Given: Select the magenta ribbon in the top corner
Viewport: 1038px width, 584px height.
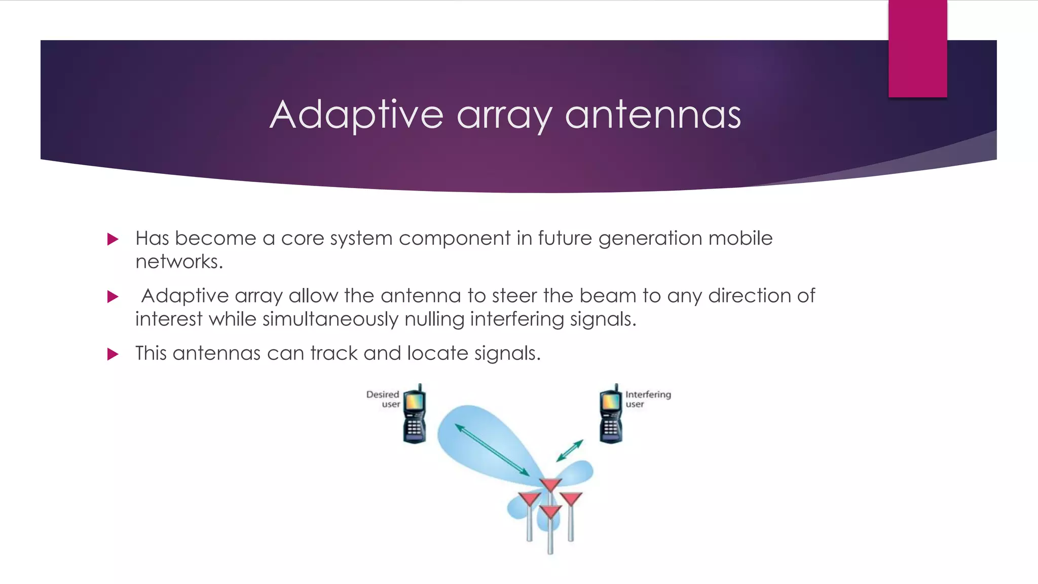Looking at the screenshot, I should click(x=917, y=48).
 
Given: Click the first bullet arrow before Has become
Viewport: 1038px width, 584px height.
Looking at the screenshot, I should click(x=113, y=239).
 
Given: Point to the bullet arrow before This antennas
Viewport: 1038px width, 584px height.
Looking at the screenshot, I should click(x=113, y=354).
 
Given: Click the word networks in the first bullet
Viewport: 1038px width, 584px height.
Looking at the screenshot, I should click(x=178, y=262).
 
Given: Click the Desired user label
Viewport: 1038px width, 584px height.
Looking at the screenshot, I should click(x=384, y=399).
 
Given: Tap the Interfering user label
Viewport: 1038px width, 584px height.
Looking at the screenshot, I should click(x=647, y=399).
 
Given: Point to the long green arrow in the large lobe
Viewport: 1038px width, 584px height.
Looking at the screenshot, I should click(x=492, y=450).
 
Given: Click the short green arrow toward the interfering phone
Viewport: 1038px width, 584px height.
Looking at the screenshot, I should click(x=570, y=451).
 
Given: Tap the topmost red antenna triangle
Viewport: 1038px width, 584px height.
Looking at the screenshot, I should click(x=550, y=485).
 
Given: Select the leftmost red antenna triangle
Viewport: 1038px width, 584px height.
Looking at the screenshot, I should click(x=530, y=499).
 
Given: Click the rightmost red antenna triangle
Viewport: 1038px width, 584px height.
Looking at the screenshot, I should click(x=571, y=499).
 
